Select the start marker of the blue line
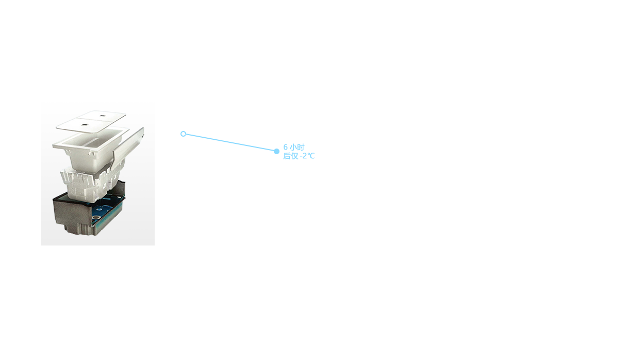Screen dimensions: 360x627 pos(182,134)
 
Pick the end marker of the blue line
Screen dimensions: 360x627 pos(277,151)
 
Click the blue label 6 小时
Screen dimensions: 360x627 pos(294,147)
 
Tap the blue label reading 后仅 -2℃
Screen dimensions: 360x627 pos(298,156)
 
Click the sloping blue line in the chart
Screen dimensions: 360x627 pos(229,142)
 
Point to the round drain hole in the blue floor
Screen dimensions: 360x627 pos(96,219)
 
